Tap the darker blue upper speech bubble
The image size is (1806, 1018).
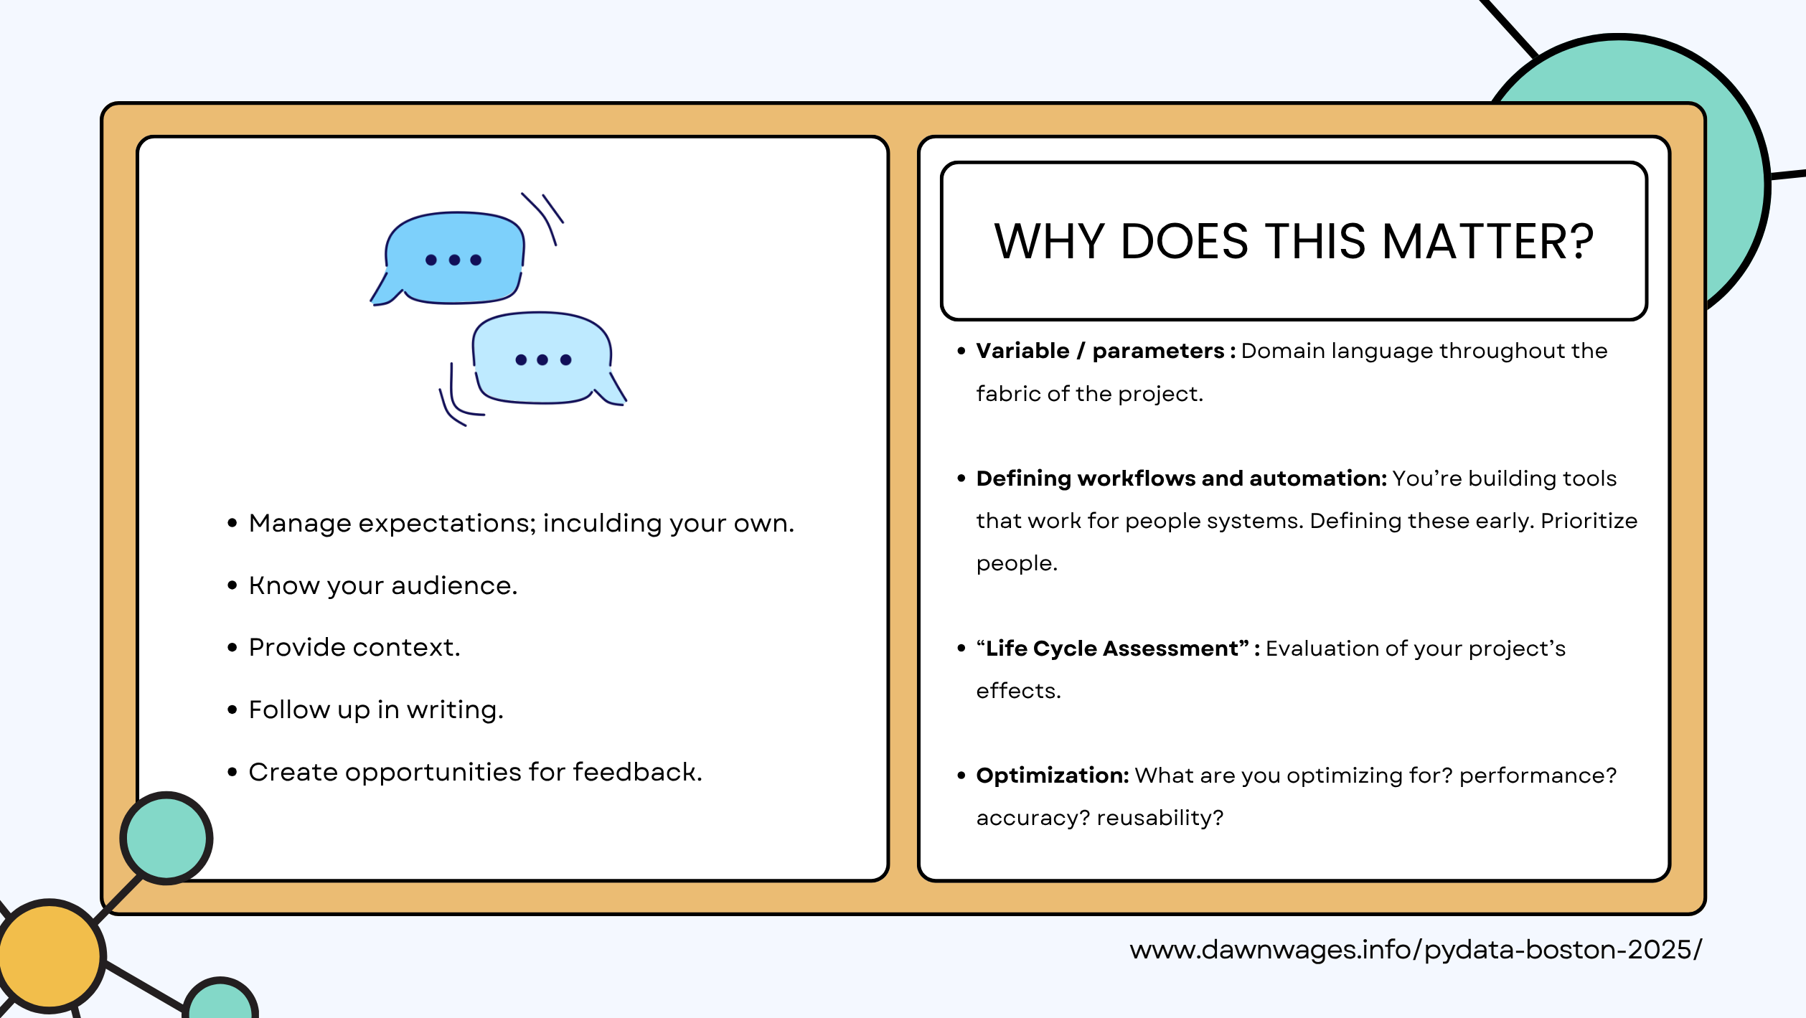tap(455, 258)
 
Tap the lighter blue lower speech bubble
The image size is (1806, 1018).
tap(542, 359)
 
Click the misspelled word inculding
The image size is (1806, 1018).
tap(602, 524)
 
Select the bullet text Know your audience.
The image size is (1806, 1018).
tap(382, 586)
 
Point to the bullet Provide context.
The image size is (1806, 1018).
tap(354, 648)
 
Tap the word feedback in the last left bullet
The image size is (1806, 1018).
tap(636, 773)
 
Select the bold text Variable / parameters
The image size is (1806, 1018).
tap(1099, 351)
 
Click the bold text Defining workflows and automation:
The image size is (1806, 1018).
tap(1181, 479)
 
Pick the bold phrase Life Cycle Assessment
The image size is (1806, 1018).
tap(1112, 649)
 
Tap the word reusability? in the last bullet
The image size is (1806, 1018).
tap(1160, 818)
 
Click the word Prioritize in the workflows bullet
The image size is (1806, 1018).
tap(1589, 521)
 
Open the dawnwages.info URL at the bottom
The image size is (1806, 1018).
tap(1415, 950)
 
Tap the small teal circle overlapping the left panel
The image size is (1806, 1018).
tap(166, 837)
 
